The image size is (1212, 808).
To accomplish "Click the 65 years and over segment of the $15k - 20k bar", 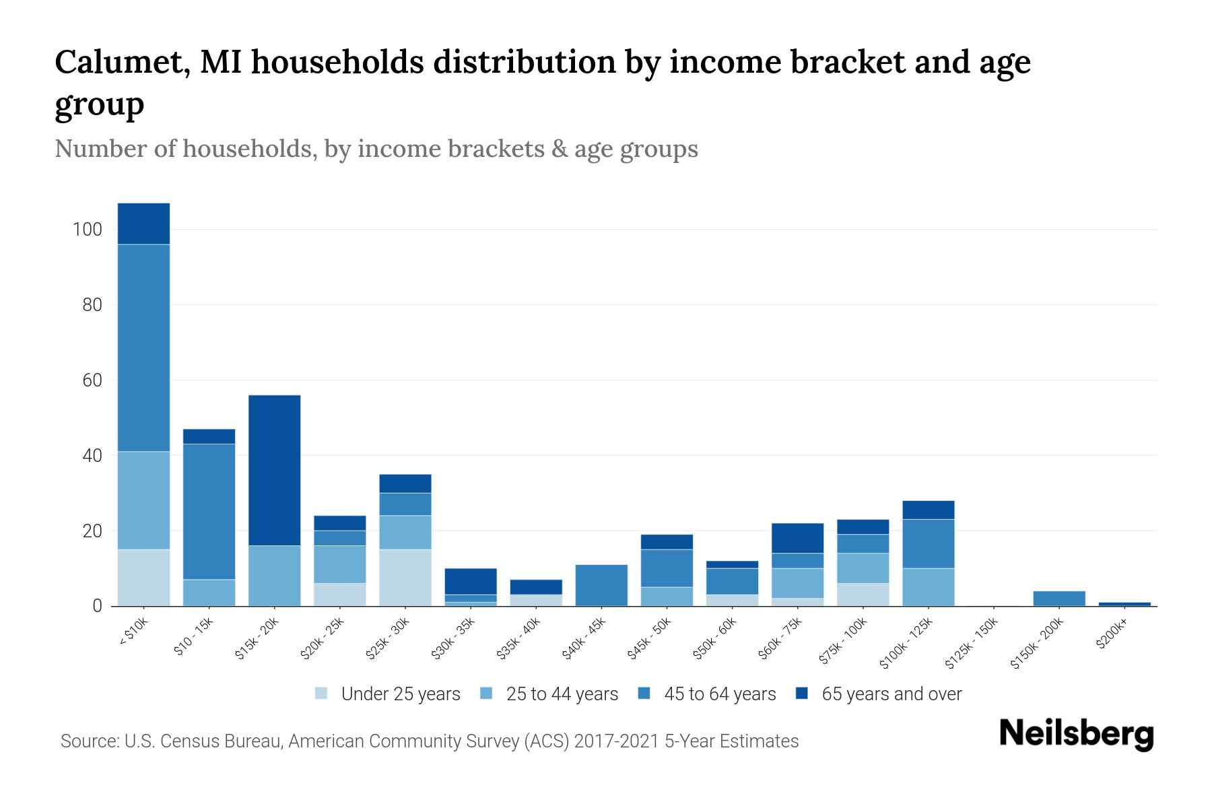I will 275,470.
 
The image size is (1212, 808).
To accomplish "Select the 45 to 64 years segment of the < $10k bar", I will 143,347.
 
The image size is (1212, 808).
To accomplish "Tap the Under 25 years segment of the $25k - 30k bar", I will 405,578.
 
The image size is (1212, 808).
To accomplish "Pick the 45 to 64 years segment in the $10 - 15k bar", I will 209,511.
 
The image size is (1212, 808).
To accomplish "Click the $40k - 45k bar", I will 601,585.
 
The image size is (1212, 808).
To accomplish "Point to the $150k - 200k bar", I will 1059,599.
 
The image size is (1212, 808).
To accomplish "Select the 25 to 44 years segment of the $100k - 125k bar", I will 929,587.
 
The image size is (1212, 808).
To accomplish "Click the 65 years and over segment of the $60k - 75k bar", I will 797,538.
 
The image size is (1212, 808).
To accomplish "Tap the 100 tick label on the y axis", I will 87,230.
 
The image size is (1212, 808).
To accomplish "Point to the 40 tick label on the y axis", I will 92,456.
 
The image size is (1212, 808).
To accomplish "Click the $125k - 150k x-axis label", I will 971,646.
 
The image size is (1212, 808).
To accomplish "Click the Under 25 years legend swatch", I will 322,693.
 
